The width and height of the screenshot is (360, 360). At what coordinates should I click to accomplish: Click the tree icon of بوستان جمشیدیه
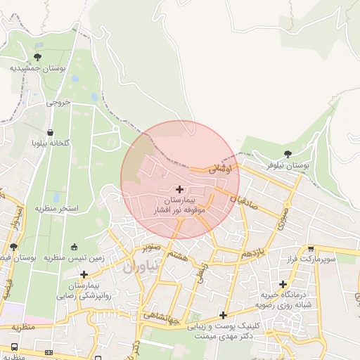pos(37,57)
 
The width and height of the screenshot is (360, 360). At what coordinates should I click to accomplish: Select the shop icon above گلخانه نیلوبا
pos(50,132)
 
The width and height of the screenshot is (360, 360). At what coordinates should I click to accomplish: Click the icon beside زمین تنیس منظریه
pos(75,247)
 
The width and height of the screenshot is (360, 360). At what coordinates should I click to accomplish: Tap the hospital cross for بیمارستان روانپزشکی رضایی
pos(84,275)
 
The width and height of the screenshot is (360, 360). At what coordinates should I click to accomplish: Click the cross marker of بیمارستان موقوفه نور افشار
pos(180,189)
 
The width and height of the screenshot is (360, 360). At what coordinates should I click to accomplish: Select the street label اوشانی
pos(220,169)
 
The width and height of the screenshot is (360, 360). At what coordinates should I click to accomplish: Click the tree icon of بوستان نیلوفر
pos(287,154)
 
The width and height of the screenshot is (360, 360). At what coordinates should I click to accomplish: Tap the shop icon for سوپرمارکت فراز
pos(311,248)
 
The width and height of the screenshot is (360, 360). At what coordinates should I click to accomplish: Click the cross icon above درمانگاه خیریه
pos(283,285)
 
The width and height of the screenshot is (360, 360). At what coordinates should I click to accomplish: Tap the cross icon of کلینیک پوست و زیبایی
pos(223,316)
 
